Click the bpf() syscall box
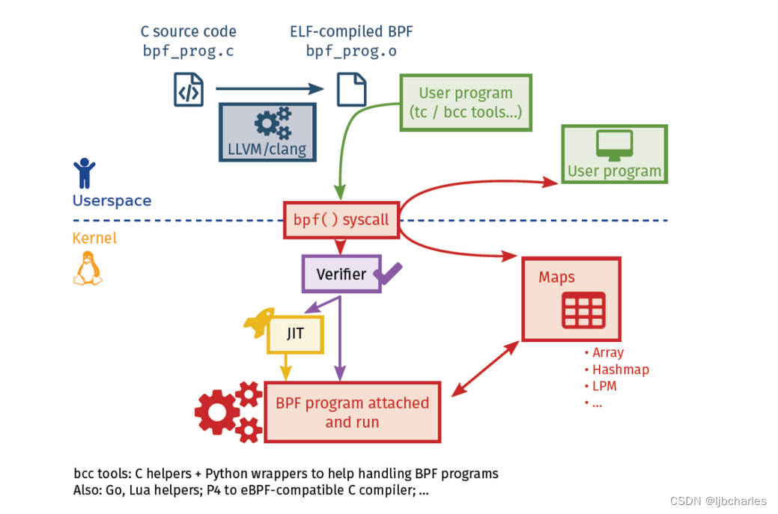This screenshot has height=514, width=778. tap(341, 220)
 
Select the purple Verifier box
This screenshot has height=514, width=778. tap(341, 274)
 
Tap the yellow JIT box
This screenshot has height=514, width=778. tap(295, 334)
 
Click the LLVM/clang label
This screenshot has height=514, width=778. tap(267, 149)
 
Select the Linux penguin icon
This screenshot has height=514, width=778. tap(87, 269)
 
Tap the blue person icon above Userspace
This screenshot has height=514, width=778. tap(84, 173)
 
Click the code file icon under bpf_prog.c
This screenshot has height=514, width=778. tap(189, 89)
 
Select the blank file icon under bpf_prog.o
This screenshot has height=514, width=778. tap(350, 89)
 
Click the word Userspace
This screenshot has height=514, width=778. tap(112, 201)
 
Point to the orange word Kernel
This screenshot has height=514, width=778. tap(94, 239)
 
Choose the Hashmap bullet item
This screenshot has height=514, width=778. tap(620, 370)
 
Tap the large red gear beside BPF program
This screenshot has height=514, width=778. tap(218, 411)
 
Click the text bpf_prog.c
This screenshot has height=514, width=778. tap(188, 52)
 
